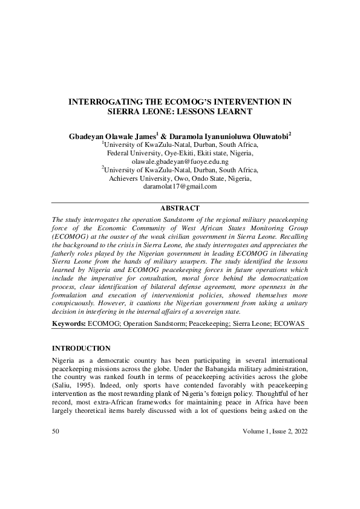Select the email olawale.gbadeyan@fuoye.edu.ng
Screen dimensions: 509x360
tap(180, 162)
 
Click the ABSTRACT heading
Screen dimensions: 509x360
tap(180, 208)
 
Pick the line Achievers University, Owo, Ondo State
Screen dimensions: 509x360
tap(180, 179)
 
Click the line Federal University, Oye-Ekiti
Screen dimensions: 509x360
tap(180, 154)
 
